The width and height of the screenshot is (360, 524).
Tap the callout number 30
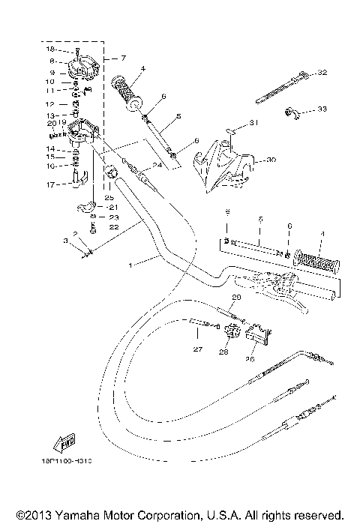(x=271, y=159)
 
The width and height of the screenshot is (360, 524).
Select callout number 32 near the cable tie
(x=323, y=73)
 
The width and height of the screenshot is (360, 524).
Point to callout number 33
(x=322, y=109)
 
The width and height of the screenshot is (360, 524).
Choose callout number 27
(x=197, y=349)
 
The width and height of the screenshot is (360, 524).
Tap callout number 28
(x=223, y=351)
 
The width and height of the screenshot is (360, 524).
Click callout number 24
(x=157, y=165)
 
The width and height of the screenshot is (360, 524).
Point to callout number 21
(x=114, y=207)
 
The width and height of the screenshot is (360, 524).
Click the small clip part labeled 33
(x=291, y=113)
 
